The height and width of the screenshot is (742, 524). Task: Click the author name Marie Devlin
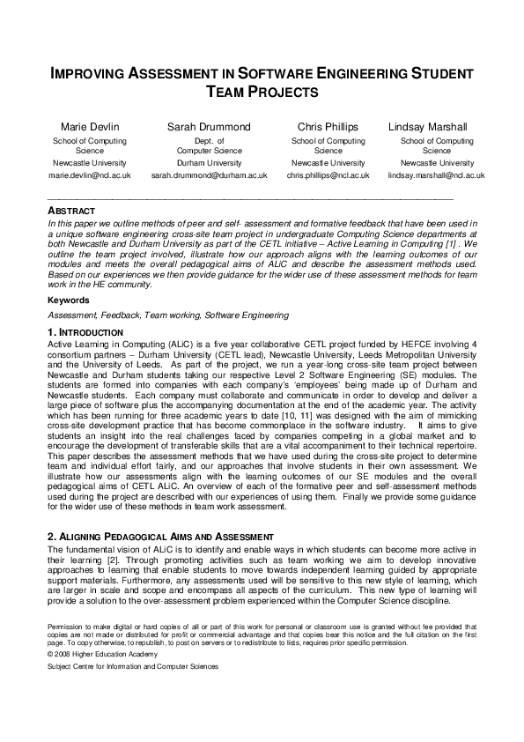pos(89,127)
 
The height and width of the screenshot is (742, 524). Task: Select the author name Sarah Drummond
pos(209,127)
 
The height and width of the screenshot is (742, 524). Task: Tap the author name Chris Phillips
pos(328,127)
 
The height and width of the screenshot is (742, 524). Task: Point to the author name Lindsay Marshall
pos(436,127)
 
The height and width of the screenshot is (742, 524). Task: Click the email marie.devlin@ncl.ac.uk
pos(89,175)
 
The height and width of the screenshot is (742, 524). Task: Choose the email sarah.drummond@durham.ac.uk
pos(209,175)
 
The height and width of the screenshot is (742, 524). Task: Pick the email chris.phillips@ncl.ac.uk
pos(328,175)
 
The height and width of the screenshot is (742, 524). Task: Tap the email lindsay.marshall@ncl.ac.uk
pos(436,175)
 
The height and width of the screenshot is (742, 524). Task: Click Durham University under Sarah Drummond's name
pos(209,163)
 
